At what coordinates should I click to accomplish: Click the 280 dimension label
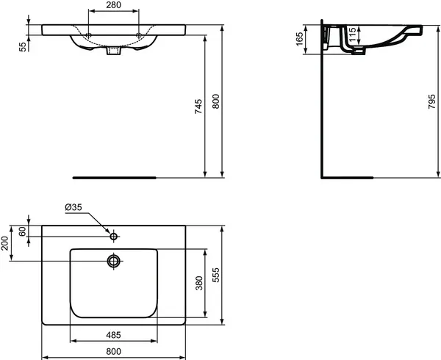pos(114,5)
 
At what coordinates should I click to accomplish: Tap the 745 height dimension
pos(198,106)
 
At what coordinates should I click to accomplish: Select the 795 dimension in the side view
pos(431,101)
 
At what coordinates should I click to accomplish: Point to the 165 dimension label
pos(300,39)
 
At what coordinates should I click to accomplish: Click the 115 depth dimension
pos(352,34)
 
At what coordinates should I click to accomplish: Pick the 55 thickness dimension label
pos(24,46)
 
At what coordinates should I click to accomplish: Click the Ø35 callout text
pos(73,207)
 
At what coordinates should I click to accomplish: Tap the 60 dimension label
pos(22,231)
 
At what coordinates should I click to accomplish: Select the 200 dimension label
pos(5,243)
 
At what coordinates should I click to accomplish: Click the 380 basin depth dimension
pos(199,283)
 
